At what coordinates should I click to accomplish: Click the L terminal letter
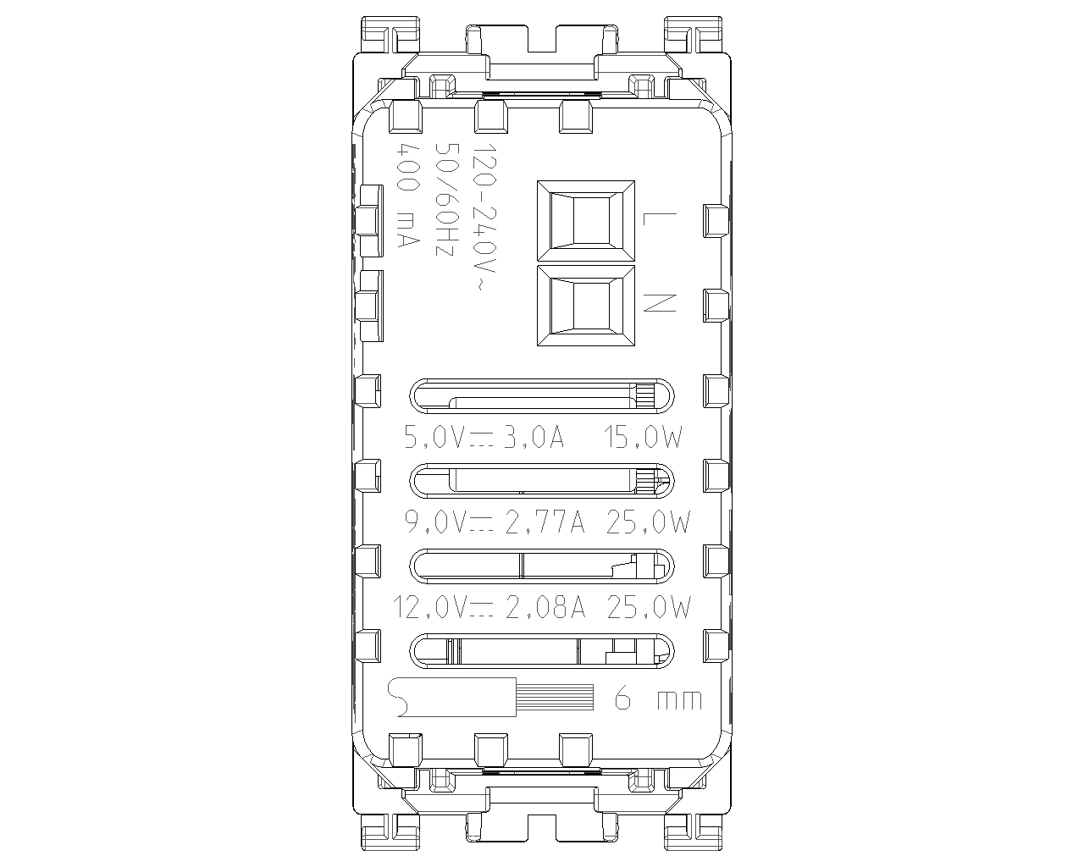point(659,218)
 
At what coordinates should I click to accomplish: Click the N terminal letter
point(660,303)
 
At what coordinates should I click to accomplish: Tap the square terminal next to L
point(586,222)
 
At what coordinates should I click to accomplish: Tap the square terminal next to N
point(586,306)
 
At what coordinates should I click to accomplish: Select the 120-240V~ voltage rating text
point(483,217)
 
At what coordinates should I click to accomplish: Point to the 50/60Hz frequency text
point(446,200)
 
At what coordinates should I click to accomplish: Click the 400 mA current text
point(408,196)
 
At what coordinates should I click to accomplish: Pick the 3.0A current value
point(534,437)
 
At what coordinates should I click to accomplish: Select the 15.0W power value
point(644,437)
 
